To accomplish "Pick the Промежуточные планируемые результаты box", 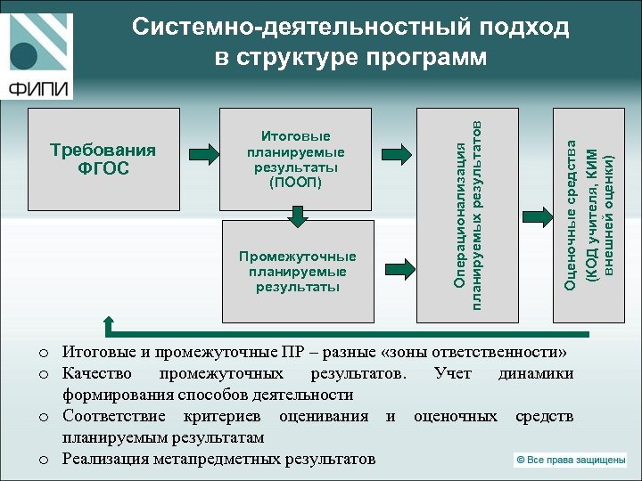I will (x=296, y=272).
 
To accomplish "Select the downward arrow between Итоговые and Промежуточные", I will (x=297, y=215).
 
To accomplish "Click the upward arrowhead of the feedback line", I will (x=111, y=322).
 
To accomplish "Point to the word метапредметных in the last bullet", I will (x=211, y=459).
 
